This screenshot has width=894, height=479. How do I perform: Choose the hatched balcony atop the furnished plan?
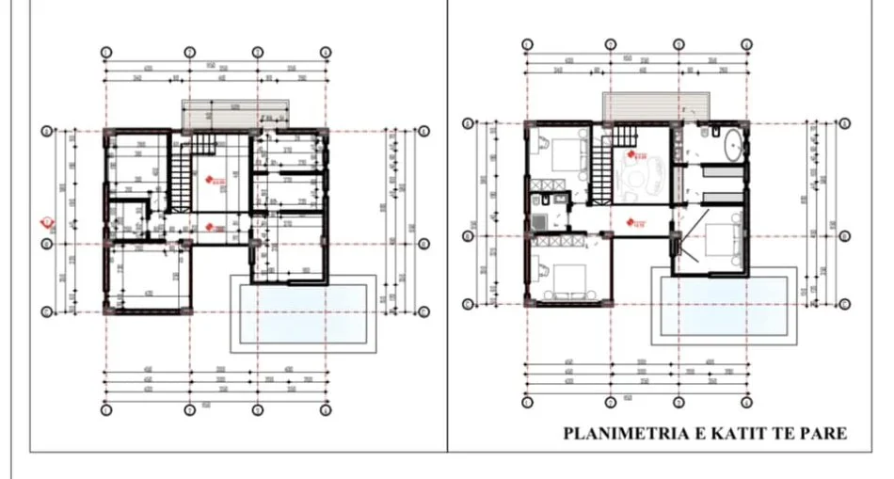(655, 106)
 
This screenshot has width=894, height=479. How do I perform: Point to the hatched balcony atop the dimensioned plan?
(235, 116)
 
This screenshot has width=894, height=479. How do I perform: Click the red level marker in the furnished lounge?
(636, 155)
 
